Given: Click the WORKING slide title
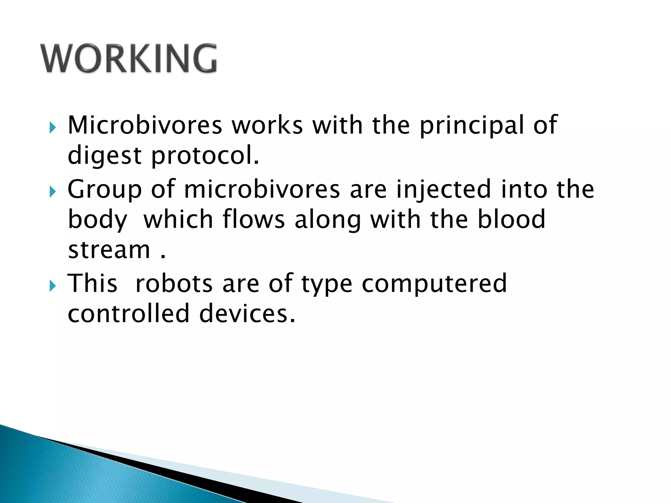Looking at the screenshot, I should pos(128,58).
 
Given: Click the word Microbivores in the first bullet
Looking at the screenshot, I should pos(145,125).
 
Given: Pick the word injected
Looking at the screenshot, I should pos(444,189).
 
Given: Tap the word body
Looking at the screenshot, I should pos(97,220).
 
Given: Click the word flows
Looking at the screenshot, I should pos(254,219).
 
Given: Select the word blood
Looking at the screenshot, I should pos(511,219).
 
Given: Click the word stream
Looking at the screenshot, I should pos(109,250).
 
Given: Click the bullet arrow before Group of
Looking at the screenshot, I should pos(52,192).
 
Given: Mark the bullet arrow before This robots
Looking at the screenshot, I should pos(52,286).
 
